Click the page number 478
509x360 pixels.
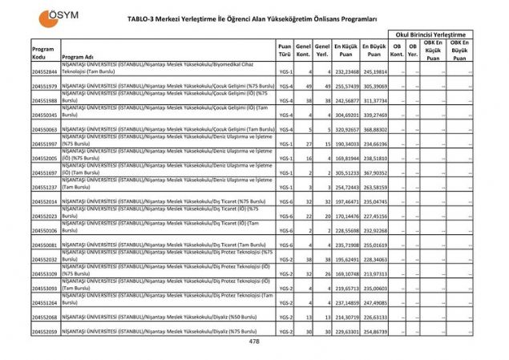tap(254, 342)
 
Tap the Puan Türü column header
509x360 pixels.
tap(285, 51)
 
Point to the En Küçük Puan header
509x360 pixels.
tap(346, 51)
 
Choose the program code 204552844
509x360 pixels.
tap(44, 72)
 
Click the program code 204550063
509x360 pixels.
tap(44, 129)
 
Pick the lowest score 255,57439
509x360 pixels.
tap(346, 86)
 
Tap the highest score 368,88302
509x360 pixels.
tap(374, 129)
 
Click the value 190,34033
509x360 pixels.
tap(346, 144)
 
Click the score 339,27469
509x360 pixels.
tap(374, 115)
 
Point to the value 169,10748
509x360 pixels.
tap(346, 273)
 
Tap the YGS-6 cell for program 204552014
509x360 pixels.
tap(285, 201)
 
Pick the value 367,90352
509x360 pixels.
tap(374, 172)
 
